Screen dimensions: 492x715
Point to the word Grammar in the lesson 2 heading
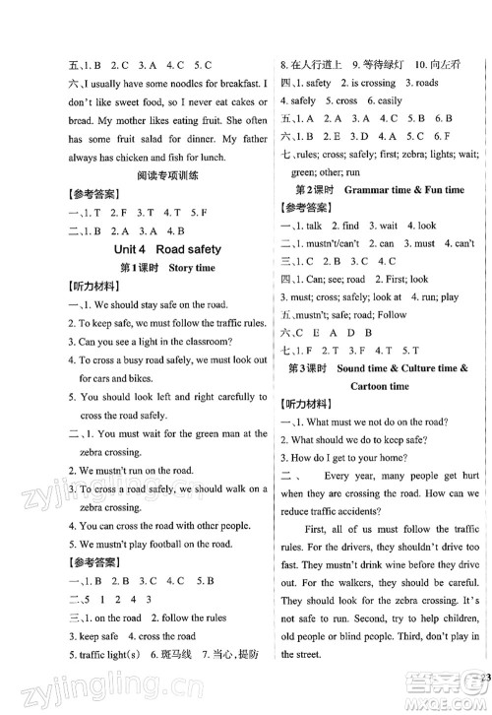366,187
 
